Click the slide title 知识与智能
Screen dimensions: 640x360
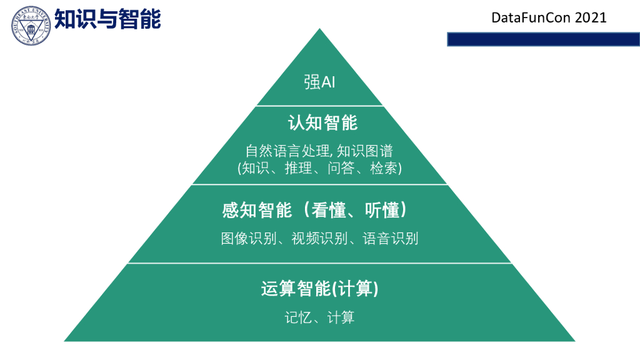click(107, 19)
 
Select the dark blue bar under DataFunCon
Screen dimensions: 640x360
click(543, 39)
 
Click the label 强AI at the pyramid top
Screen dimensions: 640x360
click(319, 82)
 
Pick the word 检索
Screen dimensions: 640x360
click(384, 168)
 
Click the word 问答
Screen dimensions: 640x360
click(341, 168)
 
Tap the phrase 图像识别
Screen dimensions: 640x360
click(248, 239)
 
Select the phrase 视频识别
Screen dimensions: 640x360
click(319, 239)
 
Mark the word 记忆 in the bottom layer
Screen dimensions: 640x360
click(298, 317)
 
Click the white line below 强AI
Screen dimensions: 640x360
click(319, 106)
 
